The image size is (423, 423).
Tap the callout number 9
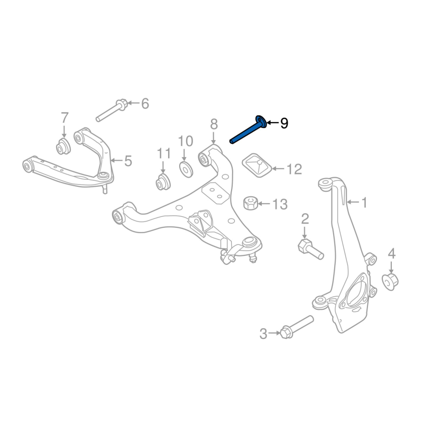tap(284, 124)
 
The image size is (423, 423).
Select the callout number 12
tap(294, 169)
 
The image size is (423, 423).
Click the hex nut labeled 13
tap(251, 203)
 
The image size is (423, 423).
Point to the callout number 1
tap(364, 201)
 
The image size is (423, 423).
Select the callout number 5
tap(127, 161)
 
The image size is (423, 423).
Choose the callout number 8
tap(214, 124)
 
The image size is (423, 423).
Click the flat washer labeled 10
tap(185, 169)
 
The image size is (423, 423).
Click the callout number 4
tap(391, 254)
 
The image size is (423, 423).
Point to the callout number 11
tap(164, 154)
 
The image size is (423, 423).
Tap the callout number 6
tap(144, 104)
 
